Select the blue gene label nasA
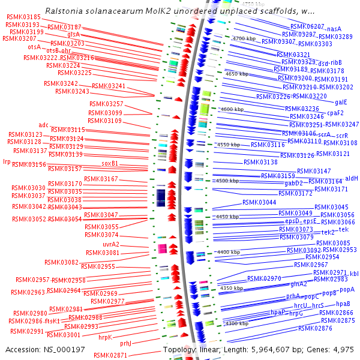click(334, 28)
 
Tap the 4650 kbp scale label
click(236, 74)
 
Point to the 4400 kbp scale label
click(229, 252)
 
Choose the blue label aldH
click(352, 178)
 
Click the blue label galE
click(341, 102)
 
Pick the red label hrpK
click(106, 337)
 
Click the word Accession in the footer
click(23, 350)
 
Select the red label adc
click(43, 125)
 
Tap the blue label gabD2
click(294, 183)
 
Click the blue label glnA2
click(299, 284)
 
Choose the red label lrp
click(7, 161)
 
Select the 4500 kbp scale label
click(227, 181)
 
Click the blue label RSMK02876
click(315, 328)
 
